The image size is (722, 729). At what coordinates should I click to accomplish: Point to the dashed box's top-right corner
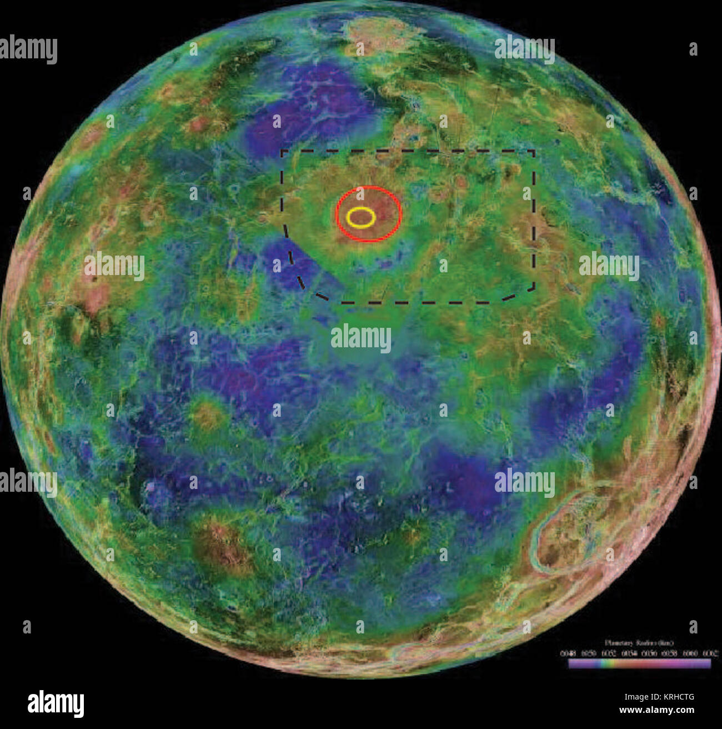coord(534,150)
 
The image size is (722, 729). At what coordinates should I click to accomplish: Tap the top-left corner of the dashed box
coord(282,150)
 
